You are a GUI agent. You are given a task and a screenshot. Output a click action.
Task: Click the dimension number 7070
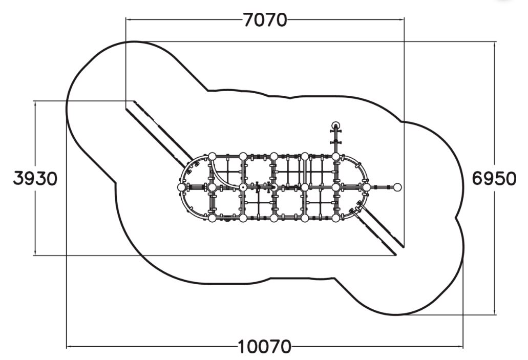265,20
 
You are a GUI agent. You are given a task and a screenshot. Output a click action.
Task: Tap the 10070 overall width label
264,347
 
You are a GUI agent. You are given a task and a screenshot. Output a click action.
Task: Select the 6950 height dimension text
494,178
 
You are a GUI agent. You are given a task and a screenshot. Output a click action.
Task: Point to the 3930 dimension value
35,178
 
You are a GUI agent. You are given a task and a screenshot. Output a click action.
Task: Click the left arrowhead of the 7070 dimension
128,19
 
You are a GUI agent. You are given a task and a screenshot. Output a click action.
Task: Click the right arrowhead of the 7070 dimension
402,19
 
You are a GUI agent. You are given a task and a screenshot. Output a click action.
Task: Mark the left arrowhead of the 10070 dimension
69,346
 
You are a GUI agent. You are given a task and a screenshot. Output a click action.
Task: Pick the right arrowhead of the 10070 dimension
460,346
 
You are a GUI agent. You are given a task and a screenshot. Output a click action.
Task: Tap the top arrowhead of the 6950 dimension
494,45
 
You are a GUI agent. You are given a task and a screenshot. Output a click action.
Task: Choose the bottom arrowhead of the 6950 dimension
494,312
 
